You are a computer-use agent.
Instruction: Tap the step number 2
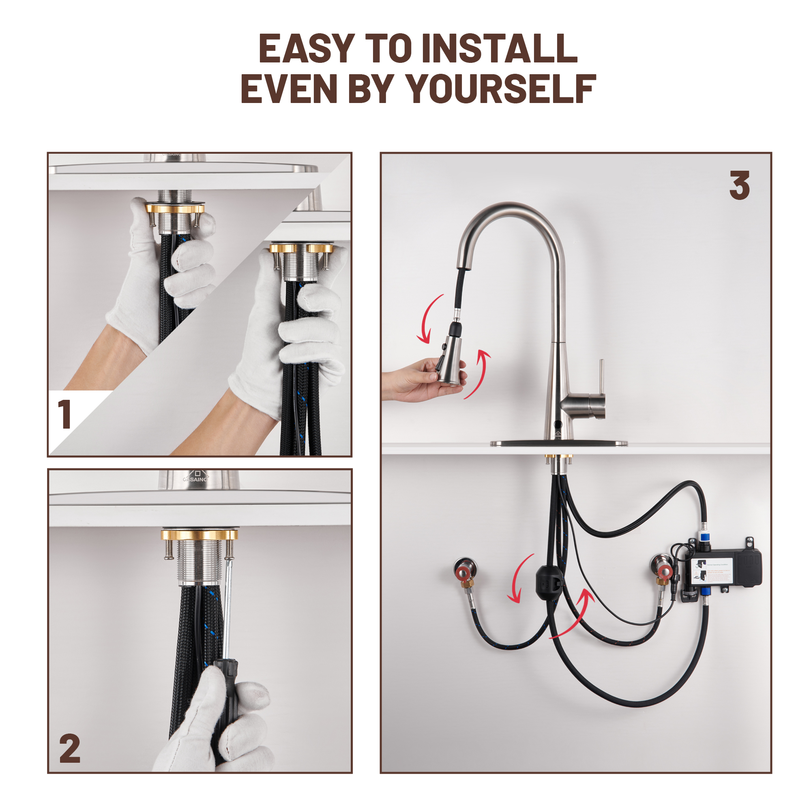tap(70, 749)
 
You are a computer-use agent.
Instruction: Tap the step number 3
tap(739, 186)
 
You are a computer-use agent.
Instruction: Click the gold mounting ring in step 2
tap(199, 535)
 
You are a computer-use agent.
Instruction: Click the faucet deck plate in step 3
tap(559, 443)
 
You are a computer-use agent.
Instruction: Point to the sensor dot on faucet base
tap(557, 421)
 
